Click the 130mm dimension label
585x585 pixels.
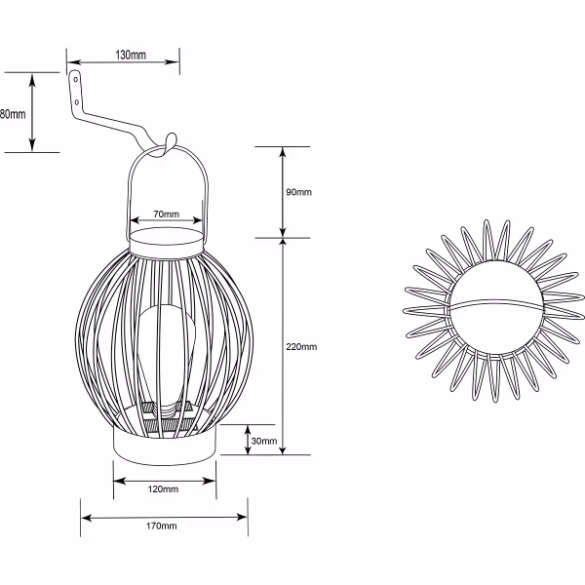(131, 56)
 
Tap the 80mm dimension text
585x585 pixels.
(11, 114)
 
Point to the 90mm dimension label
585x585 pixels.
(297, 192)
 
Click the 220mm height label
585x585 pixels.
(302, 347)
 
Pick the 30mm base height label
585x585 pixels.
(263, 442)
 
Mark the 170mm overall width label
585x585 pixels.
(163, 527)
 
